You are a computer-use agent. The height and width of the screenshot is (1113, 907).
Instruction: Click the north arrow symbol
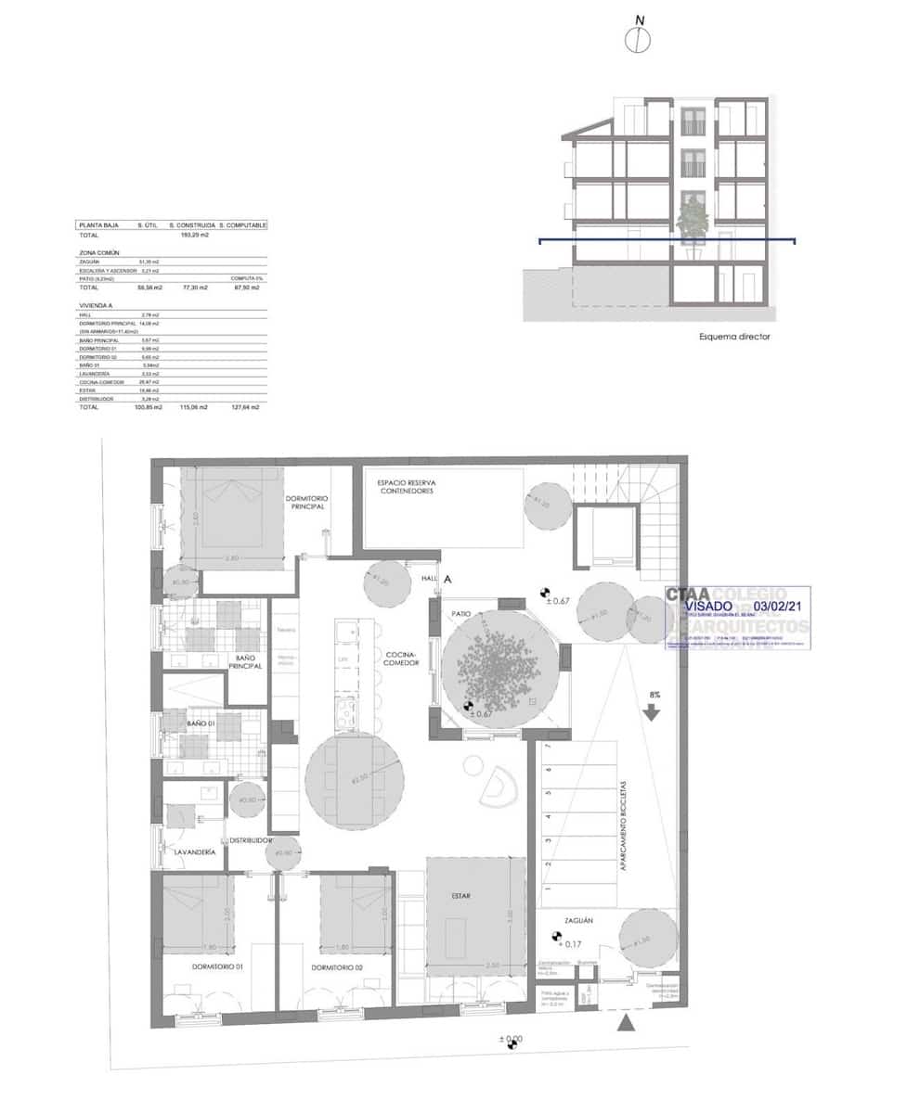tap(638, 38)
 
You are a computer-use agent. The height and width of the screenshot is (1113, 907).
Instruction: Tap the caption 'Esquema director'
tap(734, 337)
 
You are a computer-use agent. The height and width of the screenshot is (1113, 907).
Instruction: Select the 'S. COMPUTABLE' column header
tap(243, 225)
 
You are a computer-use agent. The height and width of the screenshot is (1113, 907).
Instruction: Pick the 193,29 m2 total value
tap(195, 236)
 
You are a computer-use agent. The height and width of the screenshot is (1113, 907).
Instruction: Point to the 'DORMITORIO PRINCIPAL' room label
tap(306, 504)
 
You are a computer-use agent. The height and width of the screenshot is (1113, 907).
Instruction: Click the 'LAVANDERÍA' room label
tap(195, 851)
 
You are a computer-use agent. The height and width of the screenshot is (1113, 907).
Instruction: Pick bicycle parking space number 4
tap(548, 817)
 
